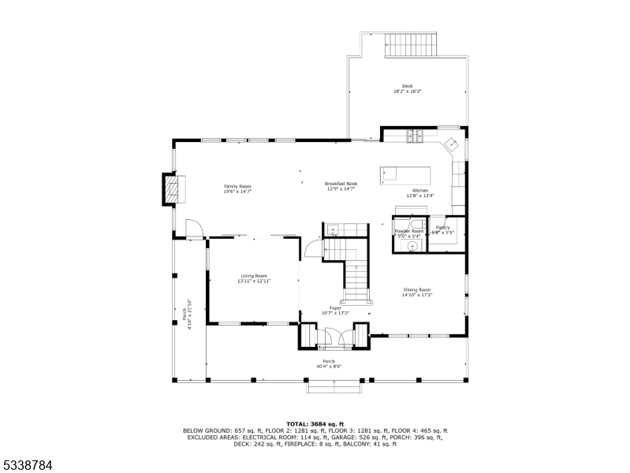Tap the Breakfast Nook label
pyautogui.click(x=341, y=184)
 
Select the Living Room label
pyautogui.click(x=254, y=276)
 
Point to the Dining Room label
pyautogui.click(x=417, y=289)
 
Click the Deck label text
pyautogui.click(x=407, y=86)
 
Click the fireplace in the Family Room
pyautogui.click(x=171, y=188)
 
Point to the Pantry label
pyautogui.click(x=443, y=228)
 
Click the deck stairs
pyautogui.click(x=410, y=45)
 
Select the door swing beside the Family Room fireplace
pyautogui.click(x=193, y=229)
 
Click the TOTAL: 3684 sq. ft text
pyautogui.click(x=315, y=423)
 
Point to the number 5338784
pyautogui.click(x=27, y=465)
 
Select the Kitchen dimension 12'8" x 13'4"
pyautogui.click(x=418, y=196)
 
